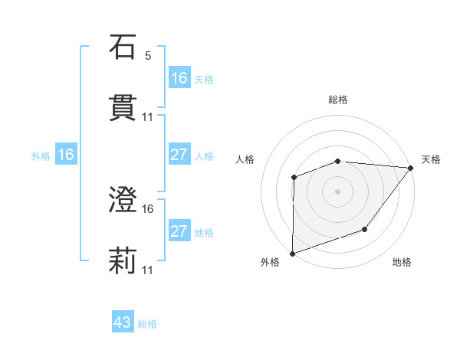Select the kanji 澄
tap(123, 201)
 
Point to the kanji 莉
tap(123, 260)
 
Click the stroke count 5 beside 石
tap(147, 56)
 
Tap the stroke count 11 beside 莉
tap(147, 270)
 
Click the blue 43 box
tap(123, 323)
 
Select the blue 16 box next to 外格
tap(66, 155)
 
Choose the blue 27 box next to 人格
tap(179, 155)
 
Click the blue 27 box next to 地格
tap(179, 231)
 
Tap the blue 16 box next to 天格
tap(179, 77)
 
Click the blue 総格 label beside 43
tap(148, 324)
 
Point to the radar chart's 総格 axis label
tap(338, 100)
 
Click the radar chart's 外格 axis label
tap(270, 263)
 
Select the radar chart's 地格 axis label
tap(402, 263)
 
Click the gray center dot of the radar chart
tap(337, 191)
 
